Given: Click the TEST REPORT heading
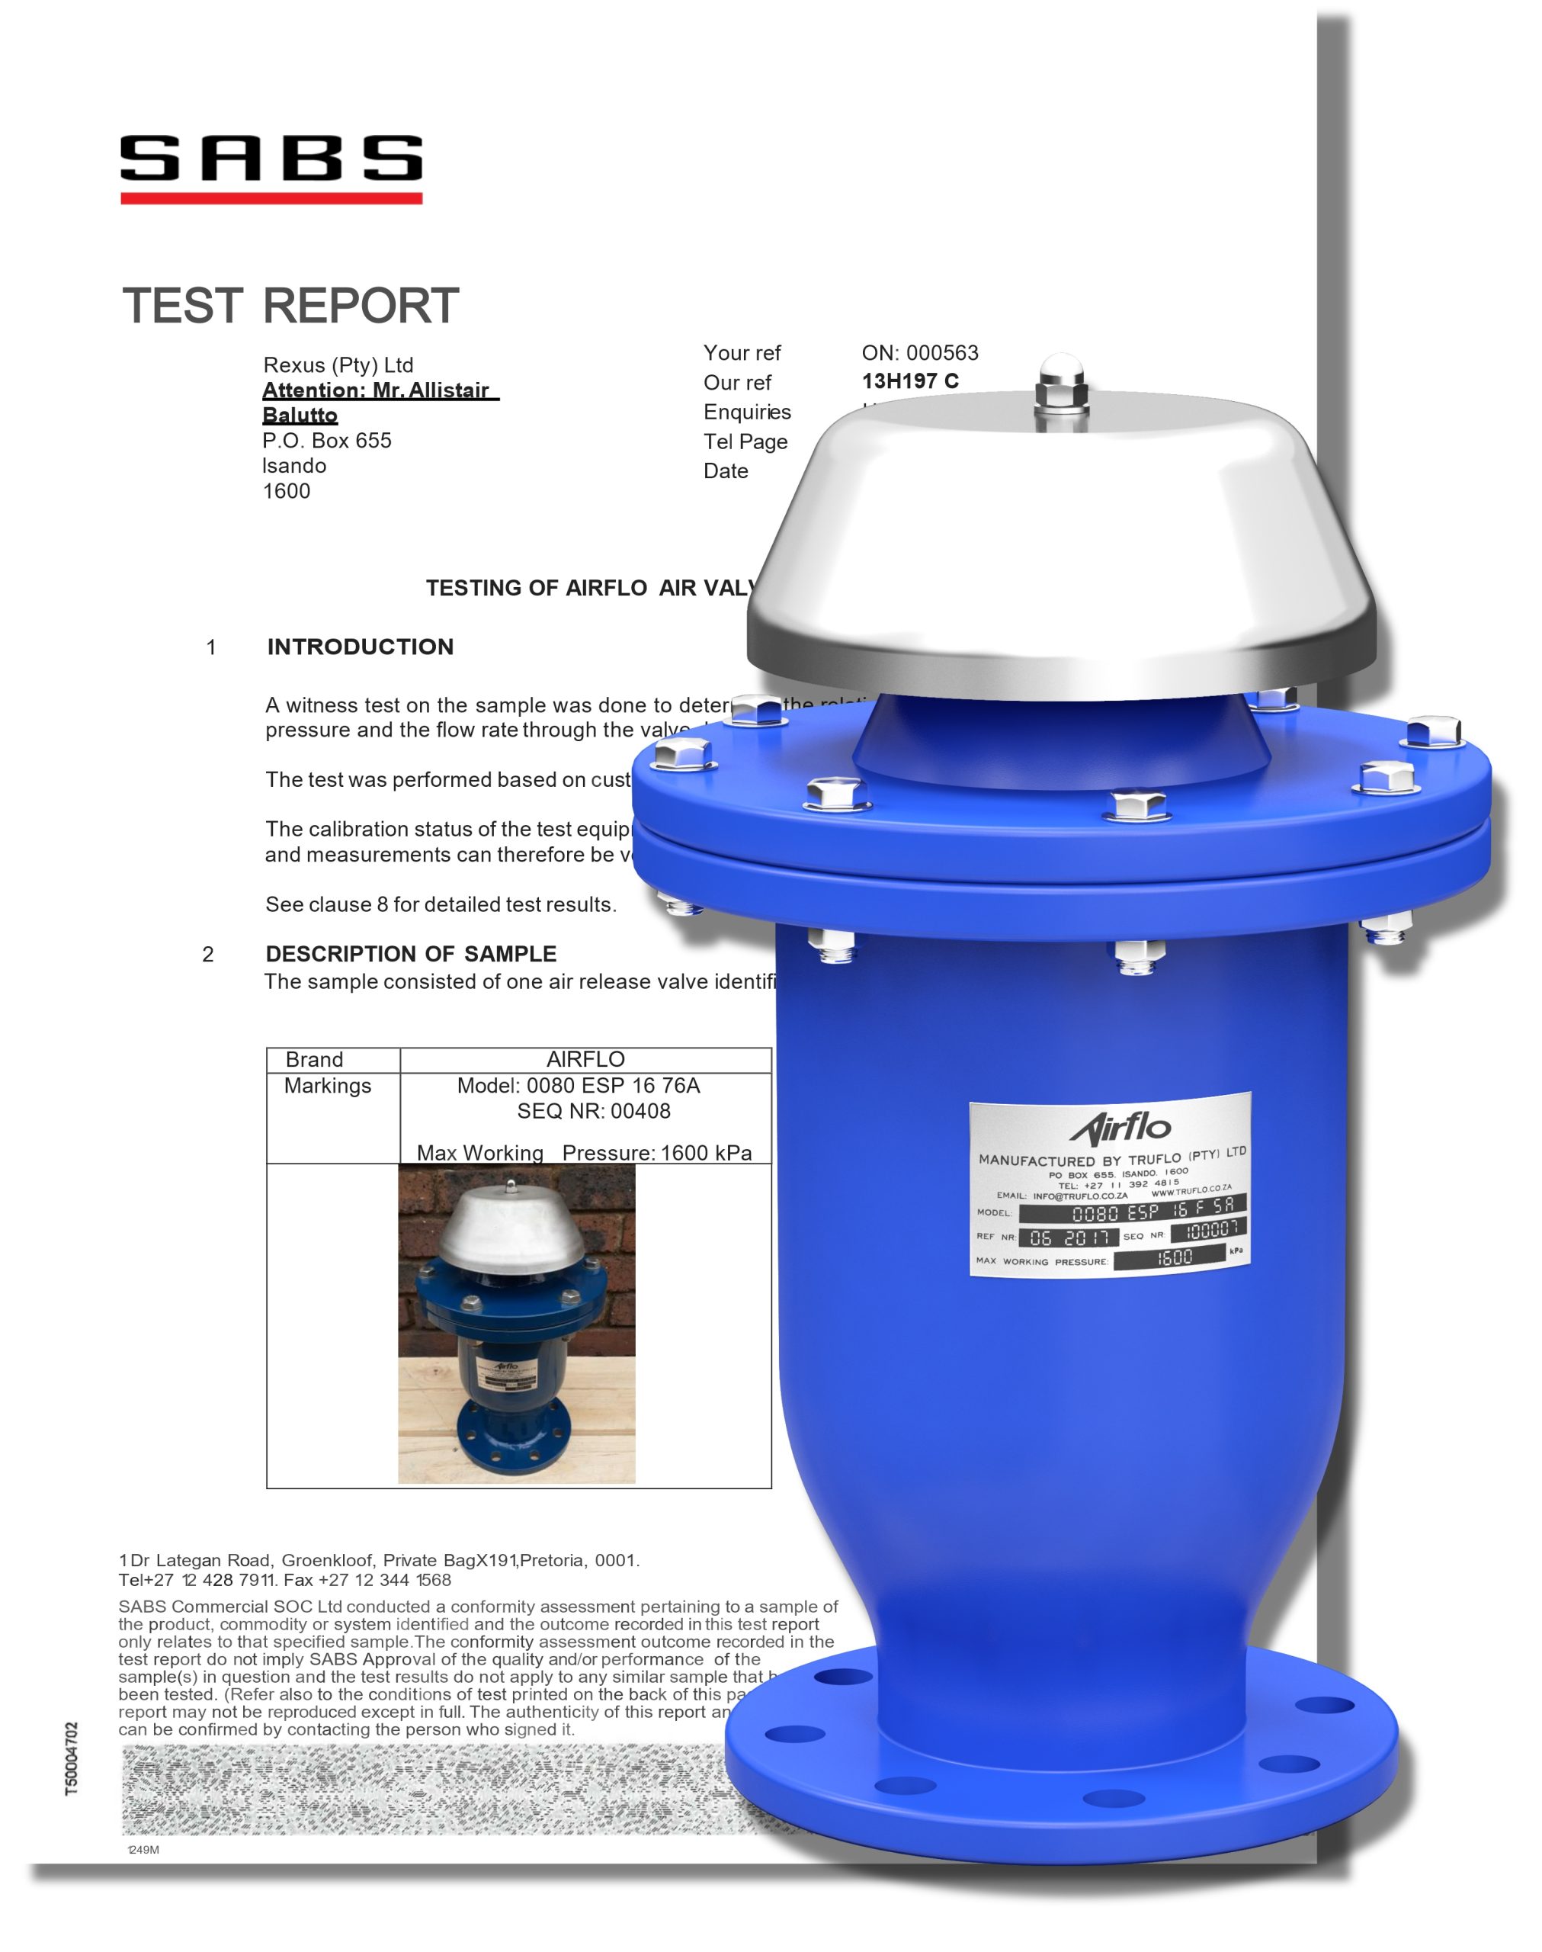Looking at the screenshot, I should (x=290, y=306).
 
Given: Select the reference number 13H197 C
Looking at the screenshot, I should (x=910, y=381).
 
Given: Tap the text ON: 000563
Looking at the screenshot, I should (x=920, y=353).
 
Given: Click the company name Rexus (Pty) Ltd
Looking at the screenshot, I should (x=338, y=364).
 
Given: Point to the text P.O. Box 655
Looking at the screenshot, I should (x=327, y=441).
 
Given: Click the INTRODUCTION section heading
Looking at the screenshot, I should (x=361, y=647).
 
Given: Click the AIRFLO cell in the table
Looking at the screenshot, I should (x=585, y=1059).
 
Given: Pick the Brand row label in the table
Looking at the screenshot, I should (x=314, y=1059).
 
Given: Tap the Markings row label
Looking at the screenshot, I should (x=328, y=1085).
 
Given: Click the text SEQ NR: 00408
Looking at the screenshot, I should (x=593, y=1112).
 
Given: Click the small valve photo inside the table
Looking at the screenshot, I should (x=516, y=1324).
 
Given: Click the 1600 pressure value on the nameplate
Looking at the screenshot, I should (x=1174, y=1257).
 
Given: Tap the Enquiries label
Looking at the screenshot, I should (x=747, y=412).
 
